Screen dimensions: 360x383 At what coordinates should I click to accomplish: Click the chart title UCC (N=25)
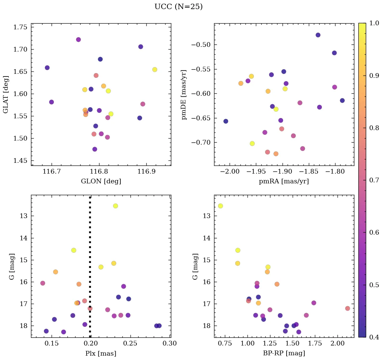click(178, 7)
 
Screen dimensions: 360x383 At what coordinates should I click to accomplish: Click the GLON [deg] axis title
click(101, 181)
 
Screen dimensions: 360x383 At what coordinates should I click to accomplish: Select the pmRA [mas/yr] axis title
click(284, 181)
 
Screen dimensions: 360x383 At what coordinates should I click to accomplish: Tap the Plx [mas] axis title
click(101, 353)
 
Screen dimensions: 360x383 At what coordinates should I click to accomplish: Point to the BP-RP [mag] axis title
click(284, 353)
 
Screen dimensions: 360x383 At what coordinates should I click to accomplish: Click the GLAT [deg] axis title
click(6, 94)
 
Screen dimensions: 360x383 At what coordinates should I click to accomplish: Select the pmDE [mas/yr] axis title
click(184, 94)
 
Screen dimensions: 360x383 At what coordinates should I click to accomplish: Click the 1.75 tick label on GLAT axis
click(20, 27)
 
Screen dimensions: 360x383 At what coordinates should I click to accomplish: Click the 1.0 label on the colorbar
click(374, 23)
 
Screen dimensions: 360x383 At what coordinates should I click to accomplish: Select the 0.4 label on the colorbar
click(374, 337)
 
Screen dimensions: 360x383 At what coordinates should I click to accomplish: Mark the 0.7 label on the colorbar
click(374, 180)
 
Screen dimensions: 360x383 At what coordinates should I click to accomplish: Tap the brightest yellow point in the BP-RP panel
click(220, 206)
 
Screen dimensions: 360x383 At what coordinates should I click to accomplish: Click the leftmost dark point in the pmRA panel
click(226, 121)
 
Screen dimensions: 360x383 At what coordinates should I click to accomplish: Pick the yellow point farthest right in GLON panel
click(154, 69)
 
